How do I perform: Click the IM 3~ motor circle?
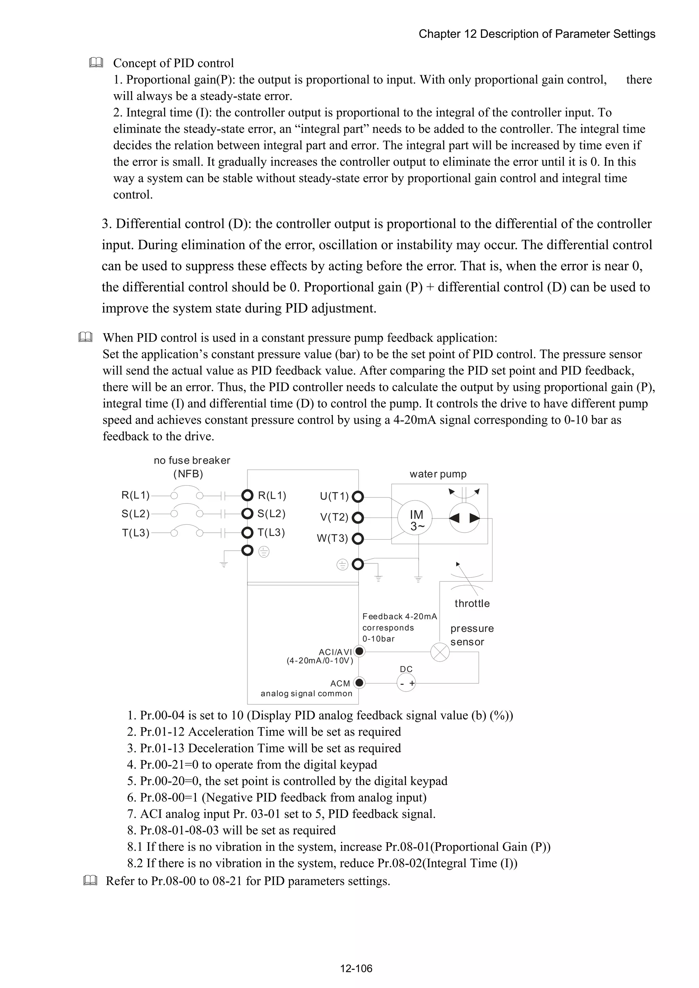point(414,519)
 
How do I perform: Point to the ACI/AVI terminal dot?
point(359,651)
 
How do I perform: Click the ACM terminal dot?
point(359,682)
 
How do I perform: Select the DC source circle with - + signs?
point(406,683)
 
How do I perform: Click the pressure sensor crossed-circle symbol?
point(440,652)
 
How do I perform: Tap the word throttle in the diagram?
point(472,603)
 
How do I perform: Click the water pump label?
point(438,474)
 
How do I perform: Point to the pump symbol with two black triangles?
point(464,518)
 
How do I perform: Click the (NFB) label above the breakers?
point(188,474)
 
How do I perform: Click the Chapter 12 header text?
point(537,34)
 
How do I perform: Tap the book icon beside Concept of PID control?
point(96,63)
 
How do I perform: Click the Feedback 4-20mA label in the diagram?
point(400,616)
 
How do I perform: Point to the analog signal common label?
point(306,693)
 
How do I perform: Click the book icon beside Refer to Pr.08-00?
point(90,881)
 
